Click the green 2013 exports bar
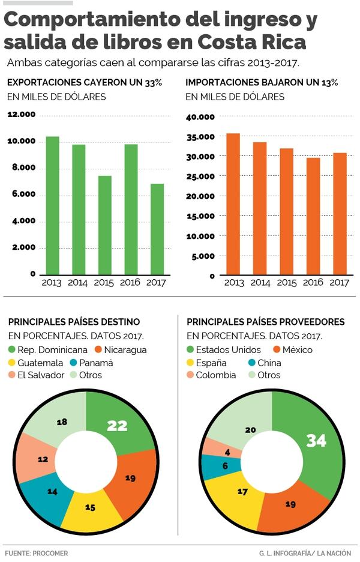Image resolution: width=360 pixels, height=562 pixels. (x=52, y=205)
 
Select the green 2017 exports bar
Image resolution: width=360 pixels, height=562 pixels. (x=157, y=229)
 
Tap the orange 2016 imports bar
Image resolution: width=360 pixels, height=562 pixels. (x=313, y=216)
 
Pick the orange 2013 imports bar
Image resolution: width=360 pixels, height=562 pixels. (x=233, y=204)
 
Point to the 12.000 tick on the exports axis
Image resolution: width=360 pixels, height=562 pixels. (x=21, y=115)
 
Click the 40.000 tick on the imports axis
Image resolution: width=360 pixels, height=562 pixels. (x=200, y=117)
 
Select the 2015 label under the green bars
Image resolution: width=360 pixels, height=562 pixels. (x=104, y=283)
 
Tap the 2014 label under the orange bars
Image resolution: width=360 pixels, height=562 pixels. (x=260, y=283)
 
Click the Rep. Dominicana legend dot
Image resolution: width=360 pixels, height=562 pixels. (x=11, y=350)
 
